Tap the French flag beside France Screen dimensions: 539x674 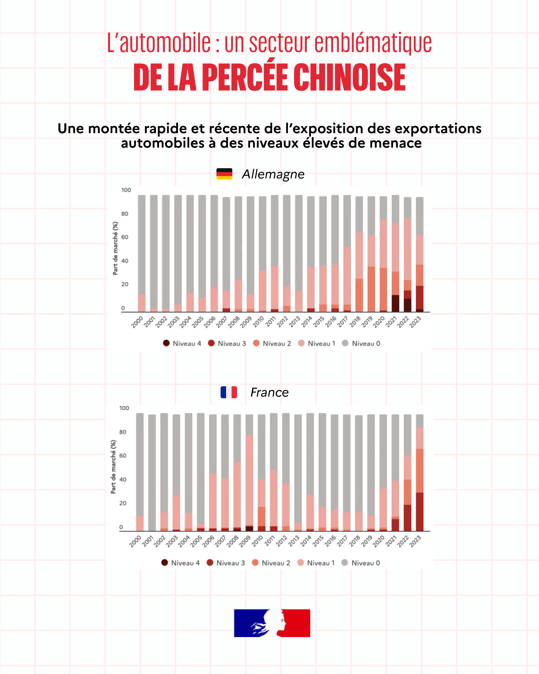pyautogui.click(x=229, y=392)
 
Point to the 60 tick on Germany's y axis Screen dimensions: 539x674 pyautogui.click(x=125, y=237)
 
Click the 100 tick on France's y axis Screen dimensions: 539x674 pyautogui.click(x=124, y=408)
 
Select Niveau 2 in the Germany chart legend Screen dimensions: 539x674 pyautogui.click(x=272, y=343)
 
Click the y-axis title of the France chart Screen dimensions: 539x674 pyautogui.click(x=113, y=467)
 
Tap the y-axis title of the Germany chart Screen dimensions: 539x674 pyautogui.click(x=115, y=248)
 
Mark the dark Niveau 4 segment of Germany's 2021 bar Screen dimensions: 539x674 pyautogui.click(x=395, y=303)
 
